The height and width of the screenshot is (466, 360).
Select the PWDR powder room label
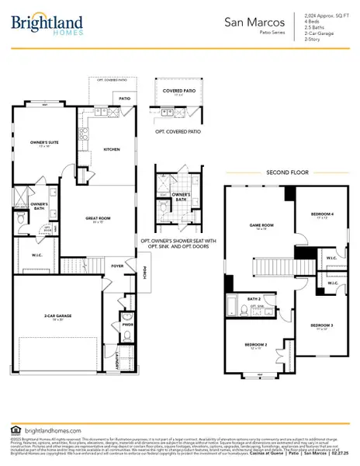(127, 326)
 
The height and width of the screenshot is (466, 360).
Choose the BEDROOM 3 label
(321, 325)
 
